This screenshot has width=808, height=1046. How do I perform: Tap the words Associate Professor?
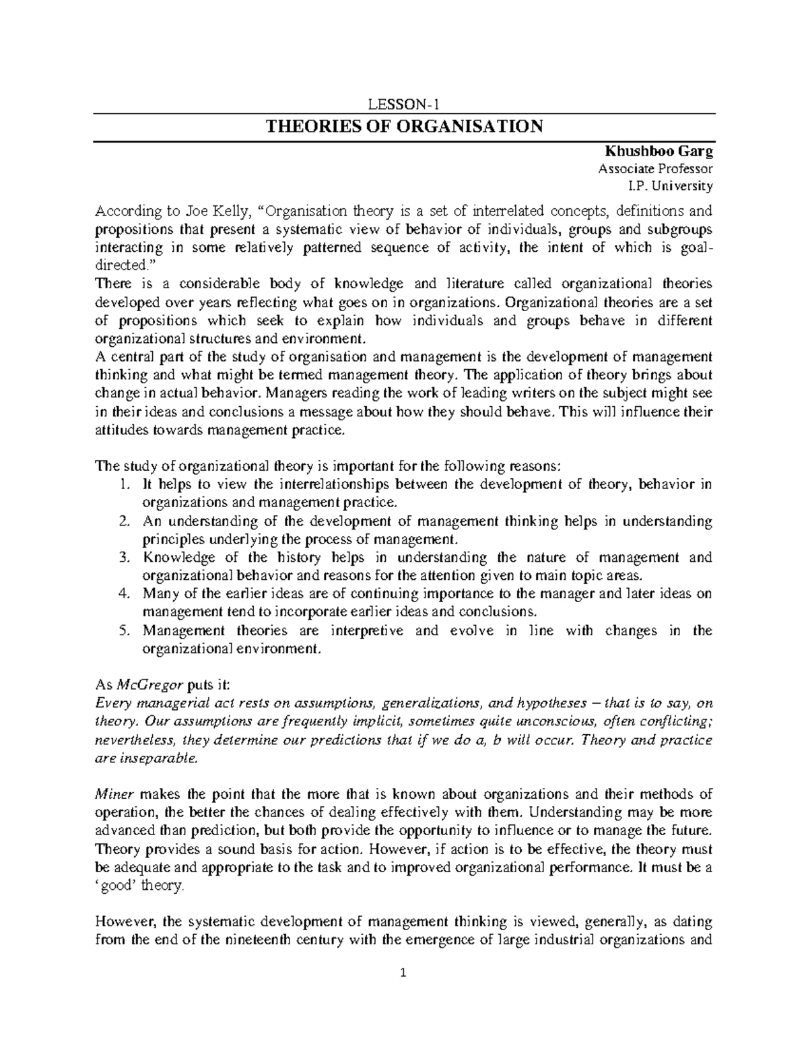pos(655,169)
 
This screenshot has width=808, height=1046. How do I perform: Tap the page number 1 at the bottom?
pos(403,972)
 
